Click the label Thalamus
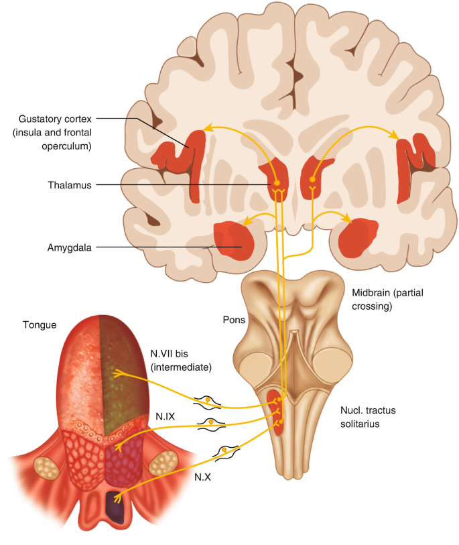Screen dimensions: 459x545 pyautogui.click(x=70, y=184)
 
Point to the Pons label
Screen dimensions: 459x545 pyautogui.click(x=234, y=320)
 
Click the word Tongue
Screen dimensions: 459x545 pyautogui.click(x=40, y=325)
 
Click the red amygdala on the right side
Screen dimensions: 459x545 pyautogui.click(x=355, y=238)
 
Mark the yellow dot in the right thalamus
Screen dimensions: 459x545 pyautogui.click(x=312, y=180)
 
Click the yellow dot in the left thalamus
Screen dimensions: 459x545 pyautogui.click(x=275, y=182)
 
